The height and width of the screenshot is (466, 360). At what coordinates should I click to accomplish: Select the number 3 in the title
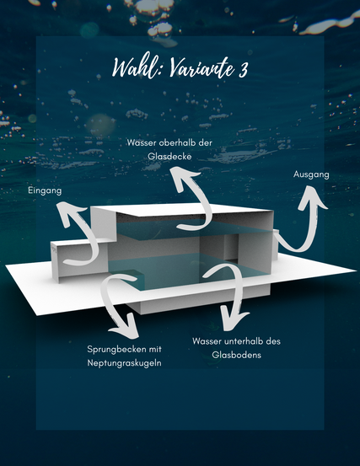(x=243, y=69)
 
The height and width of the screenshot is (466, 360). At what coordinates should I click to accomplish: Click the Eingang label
(x=45, y=190)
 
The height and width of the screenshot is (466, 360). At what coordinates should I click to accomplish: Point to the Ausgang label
(x=311, y=174)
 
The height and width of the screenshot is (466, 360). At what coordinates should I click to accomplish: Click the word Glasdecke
(x=169, y=157)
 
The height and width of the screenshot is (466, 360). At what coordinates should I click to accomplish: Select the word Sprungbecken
(x=119, y=349)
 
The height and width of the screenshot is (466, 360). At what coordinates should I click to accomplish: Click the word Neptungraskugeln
(x=124, y=363)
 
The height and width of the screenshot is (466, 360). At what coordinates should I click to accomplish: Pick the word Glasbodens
(x=237, y=355)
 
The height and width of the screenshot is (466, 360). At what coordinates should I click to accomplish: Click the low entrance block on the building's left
(x=79, y=260)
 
